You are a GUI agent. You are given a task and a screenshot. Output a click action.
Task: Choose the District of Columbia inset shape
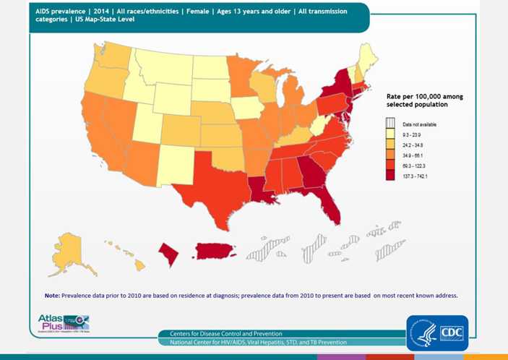point(168,253)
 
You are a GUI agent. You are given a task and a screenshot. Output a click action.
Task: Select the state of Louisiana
point(259,187)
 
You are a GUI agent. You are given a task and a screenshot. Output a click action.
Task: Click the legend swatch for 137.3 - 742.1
point(390,176)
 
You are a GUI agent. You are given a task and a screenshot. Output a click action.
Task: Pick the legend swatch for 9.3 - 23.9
point(390,135)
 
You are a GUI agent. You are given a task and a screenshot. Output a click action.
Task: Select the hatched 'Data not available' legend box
point(390,124)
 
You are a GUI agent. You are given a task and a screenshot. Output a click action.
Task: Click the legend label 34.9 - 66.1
point(413,156)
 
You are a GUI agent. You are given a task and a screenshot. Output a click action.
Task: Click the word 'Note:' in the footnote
point(52,295)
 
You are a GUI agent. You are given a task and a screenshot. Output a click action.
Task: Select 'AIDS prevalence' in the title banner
point(60,12)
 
